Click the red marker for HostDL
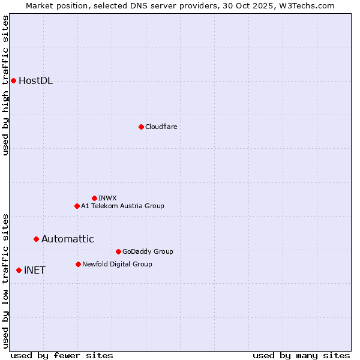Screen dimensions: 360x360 click(x=13, y=80)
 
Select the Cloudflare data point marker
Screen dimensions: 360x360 click(x=141, y=127)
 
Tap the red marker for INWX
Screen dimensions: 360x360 click(x=94, y=198)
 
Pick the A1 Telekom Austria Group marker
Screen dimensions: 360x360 click(x=77, y=206)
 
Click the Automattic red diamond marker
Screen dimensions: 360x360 click(x=36, y=239)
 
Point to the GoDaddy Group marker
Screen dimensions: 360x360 click(x=118, y=251)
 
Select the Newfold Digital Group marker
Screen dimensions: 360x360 click(x=78, y=264)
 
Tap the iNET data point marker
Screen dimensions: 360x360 click(x=19, y=270)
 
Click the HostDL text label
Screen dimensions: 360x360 click(x=35, y=81)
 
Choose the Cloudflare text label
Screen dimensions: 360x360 click(x=161, y=127)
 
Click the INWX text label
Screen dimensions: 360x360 click(x=107, y=198)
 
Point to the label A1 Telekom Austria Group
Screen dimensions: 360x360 click(x=122, y=206)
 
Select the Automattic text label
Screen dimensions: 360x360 click(x=67, y=239)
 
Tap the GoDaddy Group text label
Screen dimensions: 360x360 click(x=148, y=251)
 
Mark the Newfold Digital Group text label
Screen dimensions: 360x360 click(x=117, y=264)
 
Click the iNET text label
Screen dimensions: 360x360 click(x=34, y=270)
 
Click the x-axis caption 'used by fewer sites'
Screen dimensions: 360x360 click(x=62, y=355)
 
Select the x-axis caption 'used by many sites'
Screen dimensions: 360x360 click(x=301, y=355)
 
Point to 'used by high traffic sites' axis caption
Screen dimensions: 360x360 click(x=5, y=85)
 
